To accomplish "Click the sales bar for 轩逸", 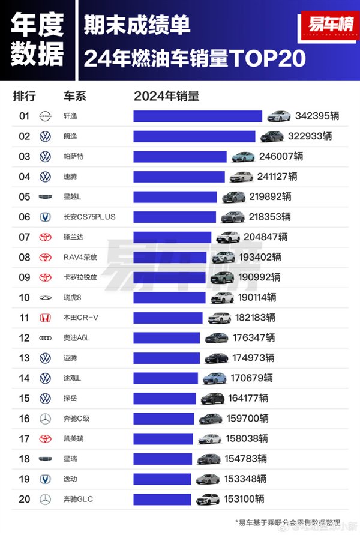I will tap(197, 116).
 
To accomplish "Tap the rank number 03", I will tap(24, 156).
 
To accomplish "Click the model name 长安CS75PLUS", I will tap(89, 217).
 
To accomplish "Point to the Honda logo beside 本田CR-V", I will tap(45, 318).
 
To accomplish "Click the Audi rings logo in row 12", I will tap(45, 338).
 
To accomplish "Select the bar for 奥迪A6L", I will tap(167, 338).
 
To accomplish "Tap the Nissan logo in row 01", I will tap(45, 116).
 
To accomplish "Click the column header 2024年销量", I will tap(166, 96).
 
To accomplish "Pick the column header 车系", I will tap(74, 96).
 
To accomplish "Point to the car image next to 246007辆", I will tap(244, 156).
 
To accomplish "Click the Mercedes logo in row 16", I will tap(45, 419).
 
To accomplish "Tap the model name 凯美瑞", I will tap(73, 439).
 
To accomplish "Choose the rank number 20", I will tap(24, 499).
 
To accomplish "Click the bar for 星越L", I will tap(175, 196).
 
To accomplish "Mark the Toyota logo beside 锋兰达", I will tap(45, 237).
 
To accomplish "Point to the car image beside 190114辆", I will tap(221, 297).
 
